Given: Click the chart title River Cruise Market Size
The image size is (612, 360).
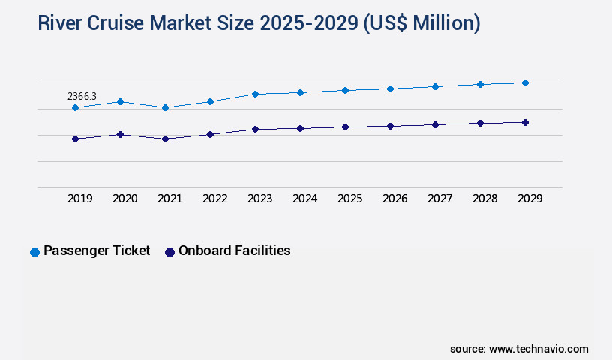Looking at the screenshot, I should click(x=259, y=23).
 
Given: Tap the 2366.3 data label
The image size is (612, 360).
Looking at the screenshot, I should click(x=82, y=96).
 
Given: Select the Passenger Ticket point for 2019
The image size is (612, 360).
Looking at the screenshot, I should click(x=75, y=108).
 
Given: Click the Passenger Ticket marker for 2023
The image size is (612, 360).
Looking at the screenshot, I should click(x=255, y=94).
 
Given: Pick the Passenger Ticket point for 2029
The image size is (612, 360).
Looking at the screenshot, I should click(x=525, y=82).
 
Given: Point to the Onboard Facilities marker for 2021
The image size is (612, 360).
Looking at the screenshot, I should click(x=165, y=139).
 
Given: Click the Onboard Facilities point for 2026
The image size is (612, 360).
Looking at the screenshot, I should click(x=390, y=126).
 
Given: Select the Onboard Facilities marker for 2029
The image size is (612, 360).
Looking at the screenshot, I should click(x=525, y=122).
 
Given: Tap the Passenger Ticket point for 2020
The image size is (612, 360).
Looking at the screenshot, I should click(x=120, y=101).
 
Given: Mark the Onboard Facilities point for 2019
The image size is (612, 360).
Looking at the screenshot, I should click(x=75, y=139).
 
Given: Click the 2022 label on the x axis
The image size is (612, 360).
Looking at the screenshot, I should click(x=214, y=199).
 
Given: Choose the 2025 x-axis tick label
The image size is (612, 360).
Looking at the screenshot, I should click(x=349, y=199).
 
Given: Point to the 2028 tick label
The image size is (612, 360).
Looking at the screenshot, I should click(x=484, y=199).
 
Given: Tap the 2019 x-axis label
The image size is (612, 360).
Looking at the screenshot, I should click(x=79, y=199).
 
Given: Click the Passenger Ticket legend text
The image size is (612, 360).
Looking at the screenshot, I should click(x=97, y=250).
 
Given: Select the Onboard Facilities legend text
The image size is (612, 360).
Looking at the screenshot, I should click(x=234, y=250).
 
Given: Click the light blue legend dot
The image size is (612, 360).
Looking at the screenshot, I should click(x=34, y=252).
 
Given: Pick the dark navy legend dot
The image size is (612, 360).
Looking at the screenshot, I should click(x=169, y=252).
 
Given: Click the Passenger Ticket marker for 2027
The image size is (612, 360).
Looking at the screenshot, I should click(x=435, y=86).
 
